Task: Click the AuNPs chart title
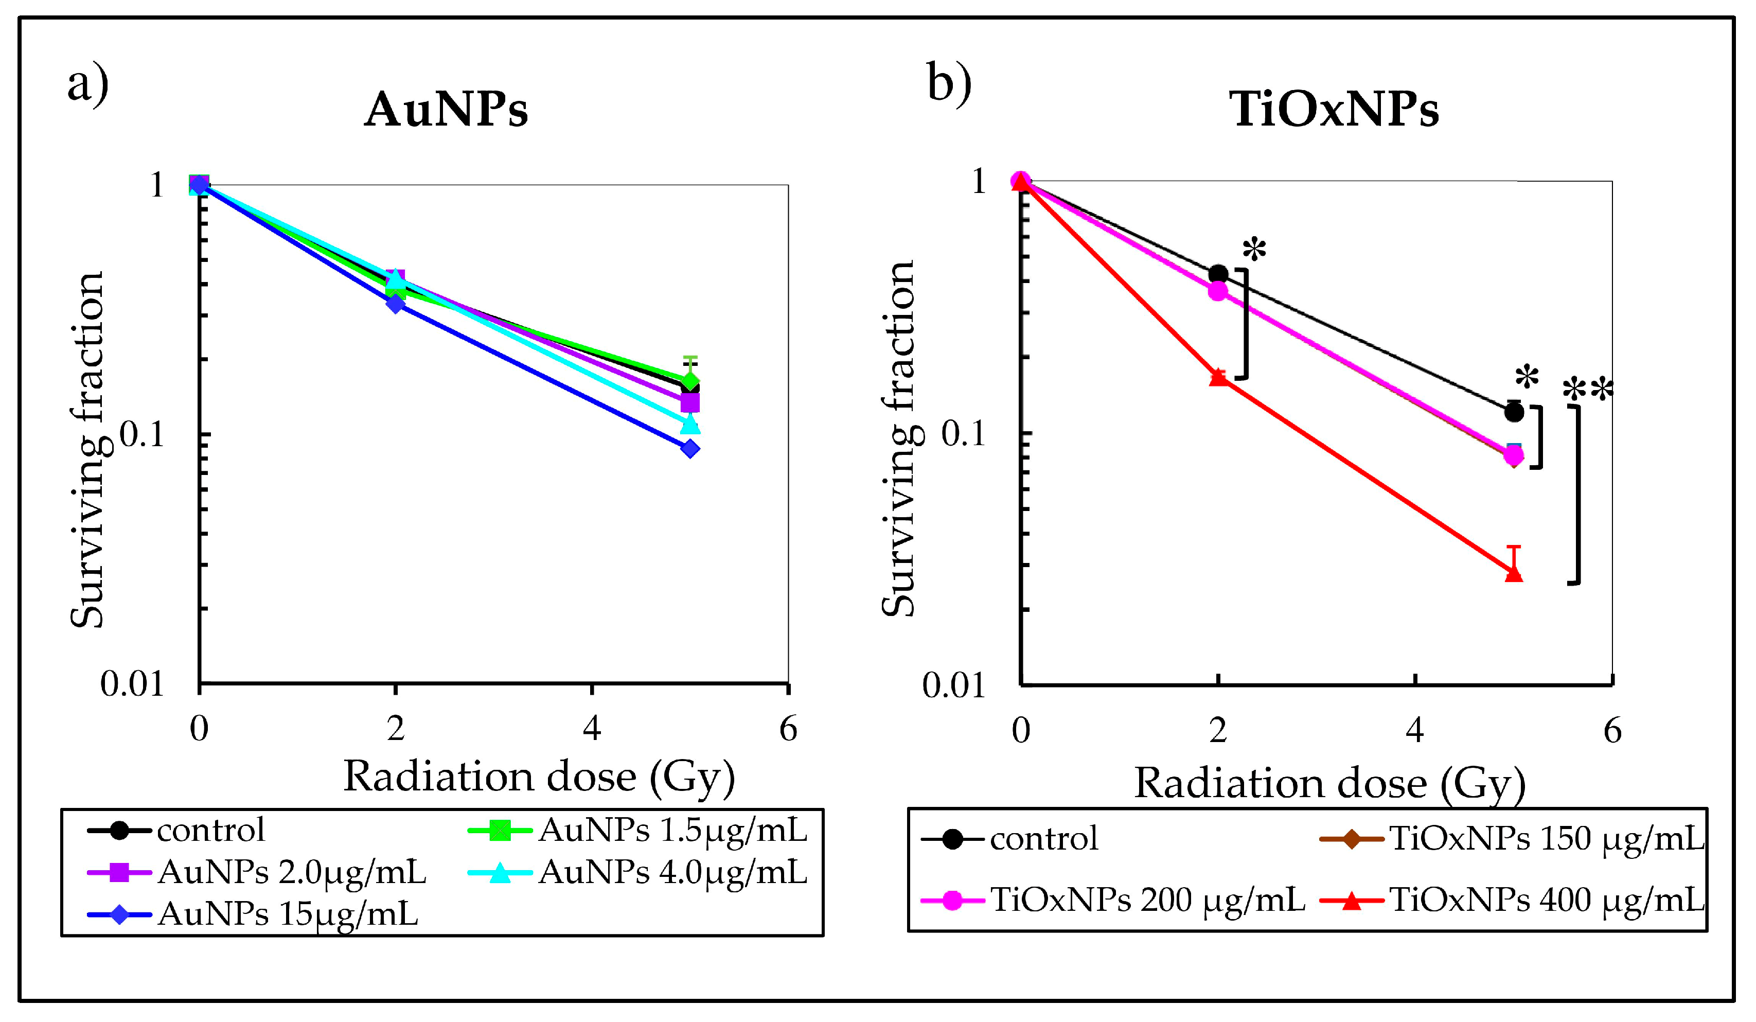[446, 110]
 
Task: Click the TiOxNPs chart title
[1334, 110]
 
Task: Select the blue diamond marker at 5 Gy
[690, 448]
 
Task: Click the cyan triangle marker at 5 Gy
[690, 423]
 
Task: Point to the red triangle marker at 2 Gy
[1218, 377]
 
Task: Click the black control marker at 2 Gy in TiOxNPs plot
[1218, 274]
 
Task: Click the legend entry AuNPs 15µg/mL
[287, 914]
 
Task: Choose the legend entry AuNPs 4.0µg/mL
[672, 872]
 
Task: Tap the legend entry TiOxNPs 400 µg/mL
[1546, 900]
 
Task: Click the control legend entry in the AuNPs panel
[210, 830]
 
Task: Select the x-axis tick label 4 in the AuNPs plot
[592, 729]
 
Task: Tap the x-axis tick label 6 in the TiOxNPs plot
[1612, 731]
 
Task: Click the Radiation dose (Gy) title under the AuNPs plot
[539, 776]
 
